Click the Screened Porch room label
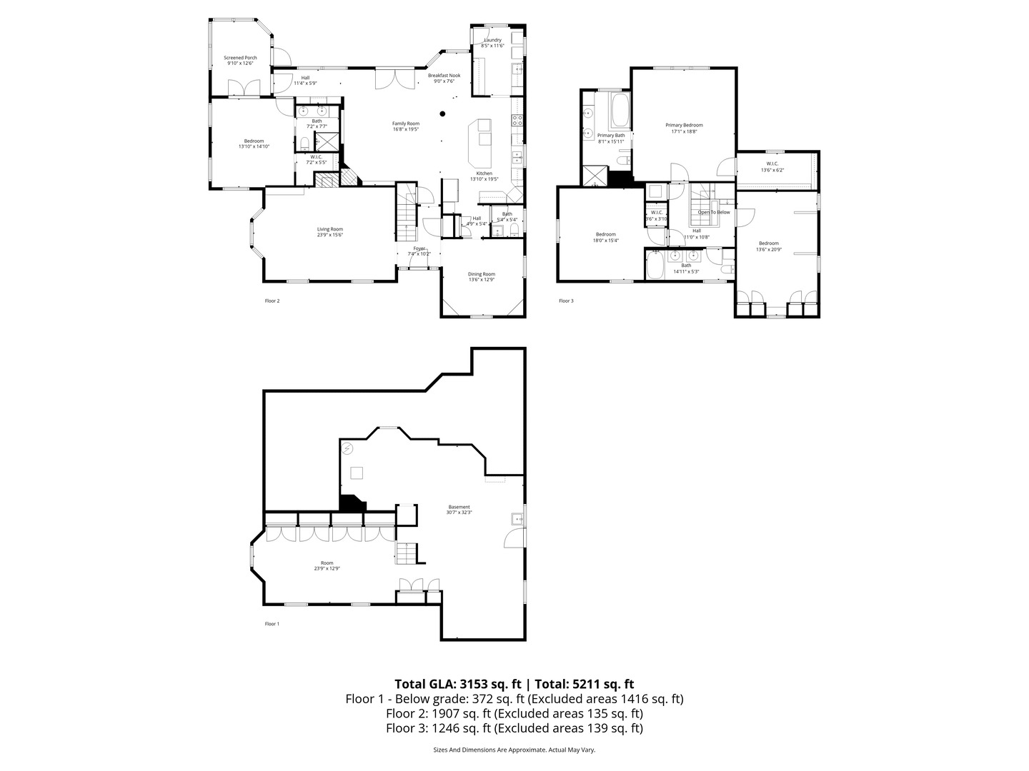click(x=240, y=58)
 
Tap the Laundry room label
click(x=492, y=40)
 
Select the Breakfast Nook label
click(x=444, y=75)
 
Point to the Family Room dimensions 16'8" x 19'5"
click(x=405, y=129)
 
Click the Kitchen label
click(x=484, y=173)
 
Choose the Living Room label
click(x=330, y=229)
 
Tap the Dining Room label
click(x=482, y=274)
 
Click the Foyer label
click(x=419, y=248)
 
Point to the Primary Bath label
click(x=611, y=136)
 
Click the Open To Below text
click(x=714, y=212)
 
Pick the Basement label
click(x=459, y=507)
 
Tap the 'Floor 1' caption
click(x=272, y=624)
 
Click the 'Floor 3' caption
click(x=566, y=301)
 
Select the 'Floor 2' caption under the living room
click(x=272, y=301)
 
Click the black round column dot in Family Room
click(x=443, y=113)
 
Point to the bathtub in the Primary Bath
click(x=619, y=111)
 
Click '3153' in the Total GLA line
click(x=482, y=683)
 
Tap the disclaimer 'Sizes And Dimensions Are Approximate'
click(x=489, y=750)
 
